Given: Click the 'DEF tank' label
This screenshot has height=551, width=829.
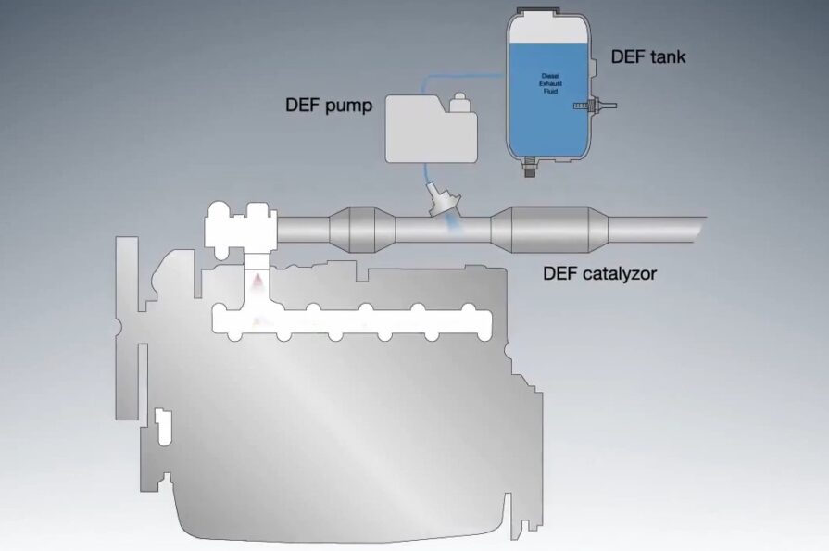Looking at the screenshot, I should pyautogui.click(x=647, y=56).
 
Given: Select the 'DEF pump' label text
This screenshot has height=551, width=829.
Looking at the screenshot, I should pyautogui.click(x=328, y=105).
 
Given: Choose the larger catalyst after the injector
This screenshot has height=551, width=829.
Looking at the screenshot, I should pyautogui.click(x=547, y=228).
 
